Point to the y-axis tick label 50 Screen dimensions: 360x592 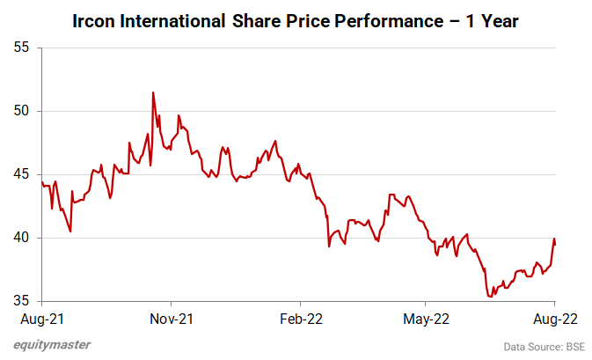coord(22,111)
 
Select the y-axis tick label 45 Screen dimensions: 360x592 coord(22,174)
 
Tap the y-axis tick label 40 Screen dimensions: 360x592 coord(22,238)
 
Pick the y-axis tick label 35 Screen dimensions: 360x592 coord(22,301)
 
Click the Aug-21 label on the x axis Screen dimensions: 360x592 coord(41,319)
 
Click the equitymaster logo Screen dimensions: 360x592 coord(53,345)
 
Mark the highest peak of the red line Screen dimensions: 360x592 coord(153,92)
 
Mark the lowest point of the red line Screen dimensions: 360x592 coord(490,297)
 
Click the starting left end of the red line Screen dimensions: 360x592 coord(41,181)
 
